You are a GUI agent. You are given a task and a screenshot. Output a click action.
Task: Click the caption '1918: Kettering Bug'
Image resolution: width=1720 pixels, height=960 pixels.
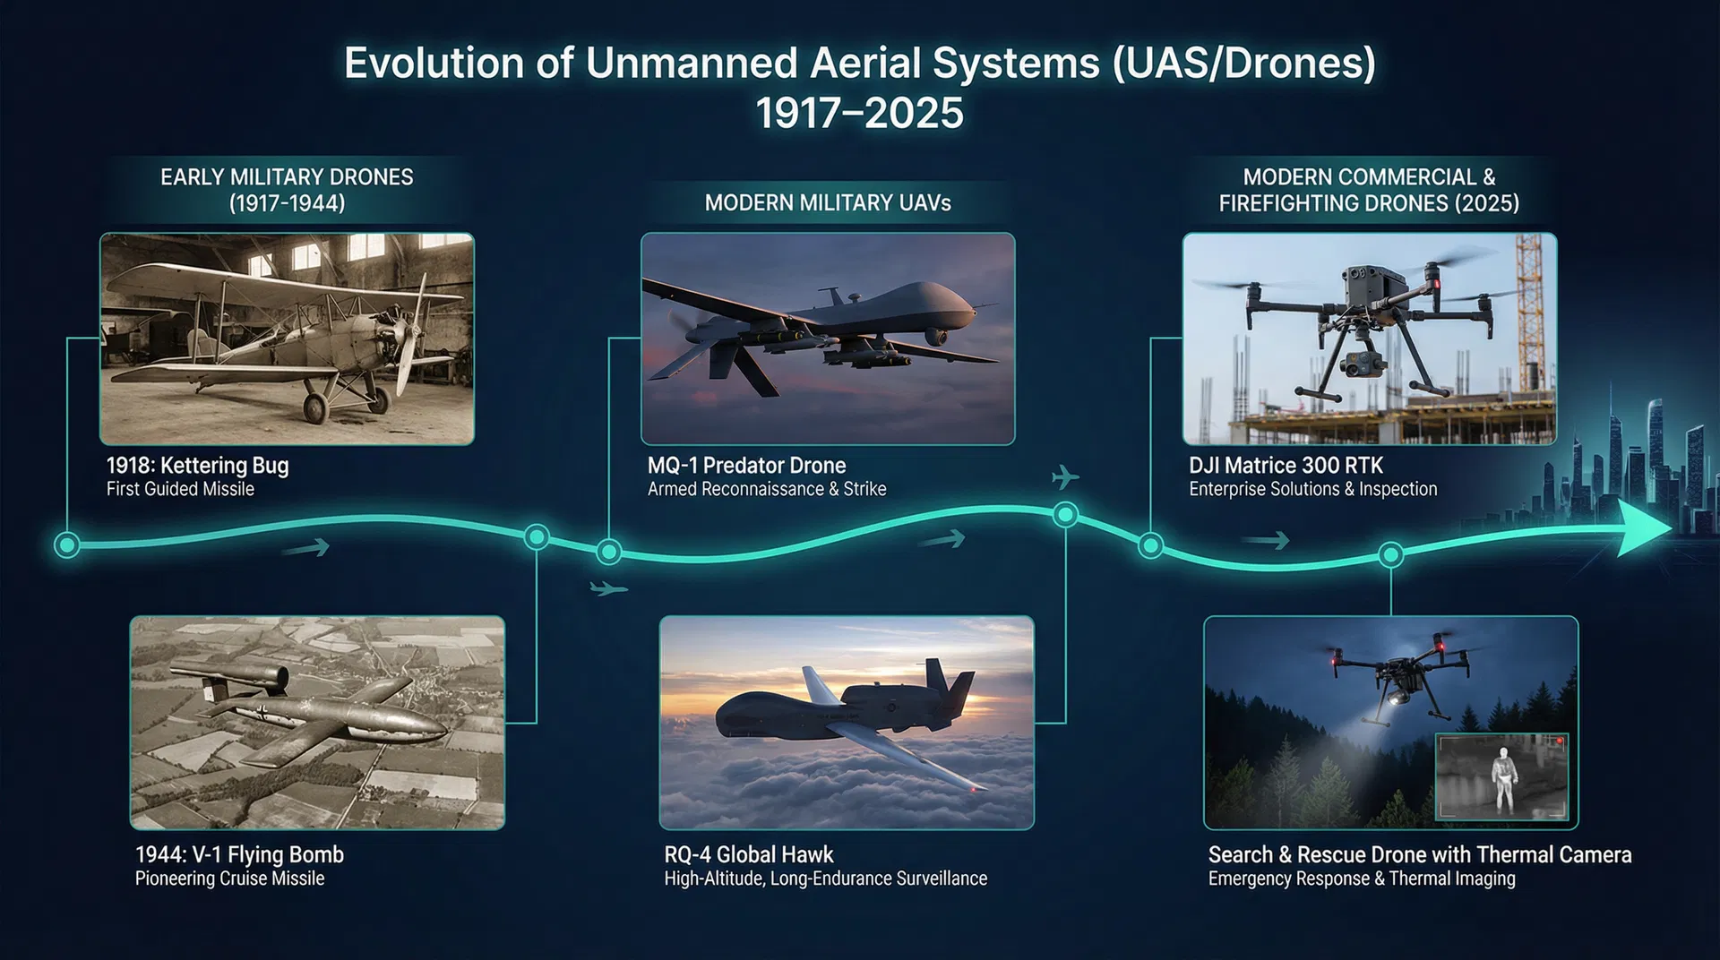pos(197,466)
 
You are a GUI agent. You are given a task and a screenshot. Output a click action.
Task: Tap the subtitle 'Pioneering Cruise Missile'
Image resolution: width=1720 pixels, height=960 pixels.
pos(229,879)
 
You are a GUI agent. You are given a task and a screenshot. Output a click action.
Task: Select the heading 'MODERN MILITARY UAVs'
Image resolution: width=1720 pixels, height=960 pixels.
pos(828,203)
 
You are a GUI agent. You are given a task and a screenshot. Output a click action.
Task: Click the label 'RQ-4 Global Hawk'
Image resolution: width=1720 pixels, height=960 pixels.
pos(749,854)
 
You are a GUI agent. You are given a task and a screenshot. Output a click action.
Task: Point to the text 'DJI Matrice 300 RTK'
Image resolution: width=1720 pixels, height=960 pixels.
pos(1286,466)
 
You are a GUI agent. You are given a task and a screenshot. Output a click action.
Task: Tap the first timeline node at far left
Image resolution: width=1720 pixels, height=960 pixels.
pos(67,544)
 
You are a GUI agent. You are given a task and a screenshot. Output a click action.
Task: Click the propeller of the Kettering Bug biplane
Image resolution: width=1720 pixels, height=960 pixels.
pos(408,333)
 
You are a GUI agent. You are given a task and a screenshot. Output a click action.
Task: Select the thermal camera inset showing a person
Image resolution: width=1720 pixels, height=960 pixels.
pos(1502,777)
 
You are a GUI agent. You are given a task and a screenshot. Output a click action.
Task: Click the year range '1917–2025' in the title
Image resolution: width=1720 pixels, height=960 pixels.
pos(859,114)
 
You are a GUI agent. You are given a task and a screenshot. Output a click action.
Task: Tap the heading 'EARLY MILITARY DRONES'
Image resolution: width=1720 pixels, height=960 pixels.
pos(287,177)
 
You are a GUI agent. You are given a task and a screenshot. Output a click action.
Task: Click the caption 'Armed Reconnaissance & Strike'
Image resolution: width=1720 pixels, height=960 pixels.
pos(767,489)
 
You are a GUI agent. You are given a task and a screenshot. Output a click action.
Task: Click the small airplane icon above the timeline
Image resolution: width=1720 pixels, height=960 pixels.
pos(1064,476)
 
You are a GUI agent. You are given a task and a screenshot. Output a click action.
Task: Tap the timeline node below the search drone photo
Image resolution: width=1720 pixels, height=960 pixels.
pos(1390,555)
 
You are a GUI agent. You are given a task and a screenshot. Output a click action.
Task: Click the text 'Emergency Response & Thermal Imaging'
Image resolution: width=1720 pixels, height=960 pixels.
pos(1362,879)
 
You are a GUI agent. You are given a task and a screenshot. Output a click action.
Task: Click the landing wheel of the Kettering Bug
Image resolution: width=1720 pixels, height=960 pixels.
pos(315,408)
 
